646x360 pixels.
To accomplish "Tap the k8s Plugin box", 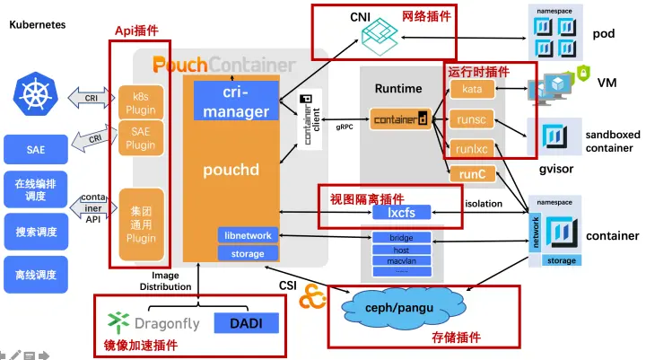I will click(140, 101).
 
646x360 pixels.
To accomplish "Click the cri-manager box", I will click(237, 103).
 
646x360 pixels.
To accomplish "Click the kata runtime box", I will click(472, 89).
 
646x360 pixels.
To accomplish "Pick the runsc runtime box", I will click(472, 119).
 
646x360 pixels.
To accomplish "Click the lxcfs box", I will click(401, 213).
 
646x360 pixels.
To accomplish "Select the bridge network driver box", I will click(401, 238).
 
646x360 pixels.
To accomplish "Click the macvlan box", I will click(401, 261).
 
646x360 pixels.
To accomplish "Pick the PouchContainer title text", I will click(223, 65).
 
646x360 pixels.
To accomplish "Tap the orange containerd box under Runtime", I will click(400, 118).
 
